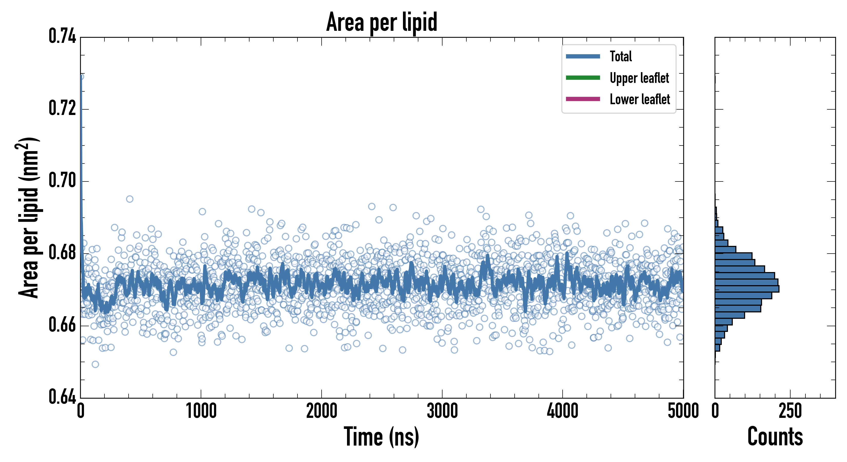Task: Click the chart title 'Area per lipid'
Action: (x=381, y=22)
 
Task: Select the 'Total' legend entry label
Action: (x=621, y=56)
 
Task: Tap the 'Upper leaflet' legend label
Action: (x=639, y=78)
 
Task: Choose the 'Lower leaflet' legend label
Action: (x=640, y=99)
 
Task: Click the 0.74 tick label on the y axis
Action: (x=62, y=36)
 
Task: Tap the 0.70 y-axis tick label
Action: (x=62, y=180)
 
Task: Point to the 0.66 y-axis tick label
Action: (x=62, y=324)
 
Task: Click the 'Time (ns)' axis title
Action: (x=381, y=437)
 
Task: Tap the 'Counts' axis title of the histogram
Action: (x=775, y=437)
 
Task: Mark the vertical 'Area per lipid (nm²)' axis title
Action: (x=28, y=218)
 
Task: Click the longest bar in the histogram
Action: (x=747, y=289)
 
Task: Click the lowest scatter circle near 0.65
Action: (x=95, y=364)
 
